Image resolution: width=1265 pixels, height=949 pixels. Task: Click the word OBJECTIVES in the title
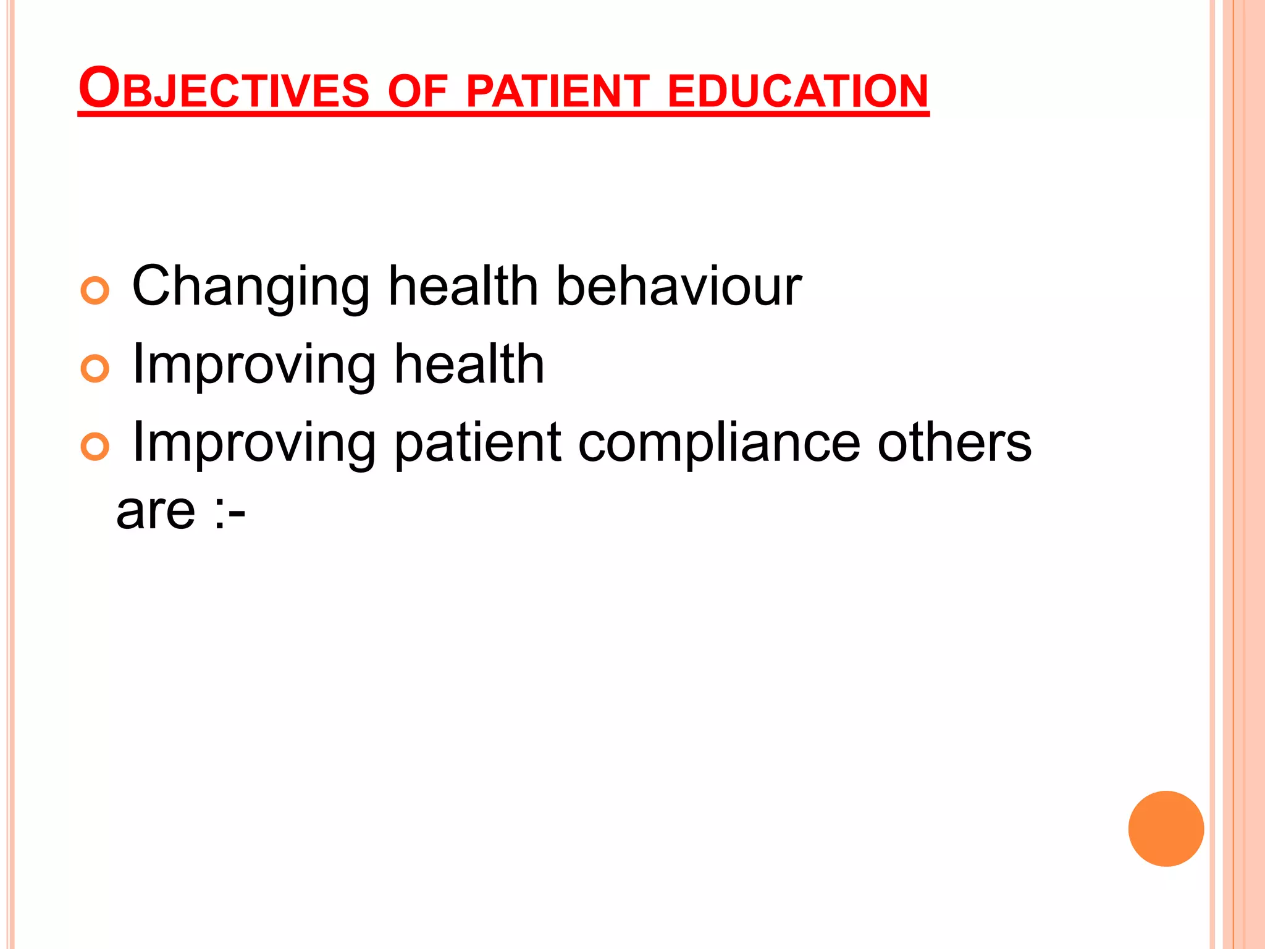point(224,89)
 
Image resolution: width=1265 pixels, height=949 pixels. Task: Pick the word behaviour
point(678,286)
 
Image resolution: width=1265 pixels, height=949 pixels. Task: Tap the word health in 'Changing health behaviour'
point(463,286)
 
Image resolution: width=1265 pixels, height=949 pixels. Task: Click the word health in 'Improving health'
point(469,364)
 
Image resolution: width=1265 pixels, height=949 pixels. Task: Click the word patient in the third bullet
point(477,443)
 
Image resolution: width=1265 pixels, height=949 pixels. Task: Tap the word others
point(954,442)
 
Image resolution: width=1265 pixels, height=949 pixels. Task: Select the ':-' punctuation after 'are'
point(230,512)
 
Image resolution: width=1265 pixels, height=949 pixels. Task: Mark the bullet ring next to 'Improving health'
point(95,369)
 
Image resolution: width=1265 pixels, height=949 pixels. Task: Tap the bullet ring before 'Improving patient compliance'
point(95,447)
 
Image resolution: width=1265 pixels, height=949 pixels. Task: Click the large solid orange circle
point(1166,829)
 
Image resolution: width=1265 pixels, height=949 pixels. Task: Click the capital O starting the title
point(98,88)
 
